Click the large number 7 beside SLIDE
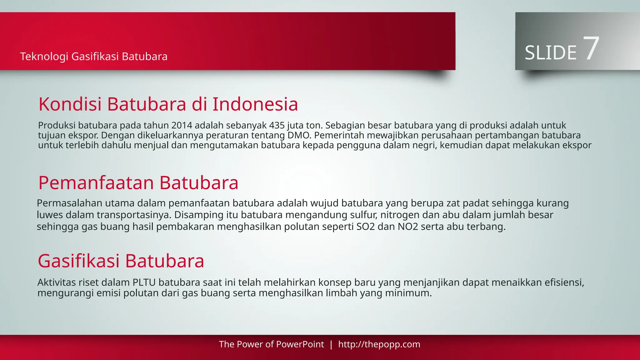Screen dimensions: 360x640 (x=591, y=48)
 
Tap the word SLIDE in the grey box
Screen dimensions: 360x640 (x=551, y=53)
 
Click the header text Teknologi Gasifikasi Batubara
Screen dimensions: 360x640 (x=94, y=57)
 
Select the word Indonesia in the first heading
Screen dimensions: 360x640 (x=255, y=104)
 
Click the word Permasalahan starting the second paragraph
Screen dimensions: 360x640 (x=69, y=203)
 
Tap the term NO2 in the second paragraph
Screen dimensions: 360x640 (x=408, y=227)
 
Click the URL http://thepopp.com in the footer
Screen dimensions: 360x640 (x=379, y=344)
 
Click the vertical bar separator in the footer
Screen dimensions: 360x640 (x=331, y=344)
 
